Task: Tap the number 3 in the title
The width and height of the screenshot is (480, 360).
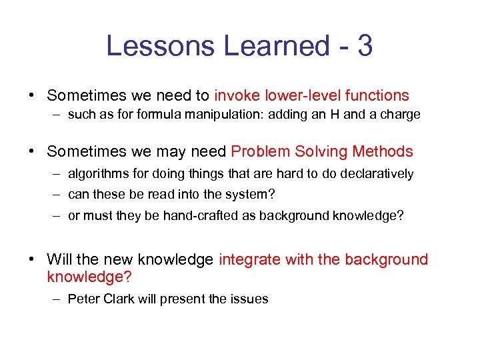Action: tap(365, 47)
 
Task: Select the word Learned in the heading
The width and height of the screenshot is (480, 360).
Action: tap(276, 47)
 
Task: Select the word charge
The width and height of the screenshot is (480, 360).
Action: tap(401, 115)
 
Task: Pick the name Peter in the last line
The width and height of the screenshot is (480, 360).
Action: tap(84, 299)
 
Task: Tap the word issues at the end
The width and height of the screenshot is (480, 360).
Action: tap(249, 299)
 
